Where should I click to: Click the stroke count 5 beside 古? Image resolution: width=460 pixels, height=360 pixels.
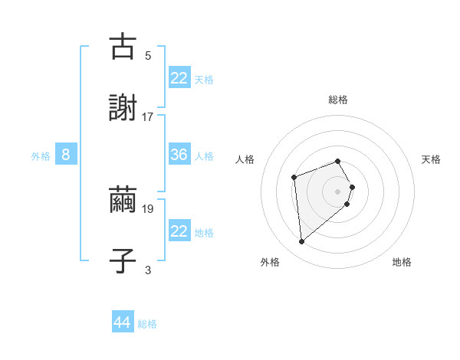(148, 55)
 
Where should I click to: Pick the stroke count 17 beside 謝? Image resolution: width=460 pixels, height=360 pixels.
(148, 116)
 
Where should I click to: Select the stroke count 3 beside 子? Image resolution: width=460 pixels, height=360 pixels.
(148, 270)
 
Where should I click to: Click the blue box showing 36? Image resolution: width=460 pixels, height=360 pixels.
(179, 155)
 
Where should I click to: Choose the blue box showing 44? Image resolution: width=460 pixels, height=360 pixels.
(123, 322)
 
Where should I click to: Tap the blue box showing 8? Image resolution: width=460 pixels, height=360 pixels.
(66, 155)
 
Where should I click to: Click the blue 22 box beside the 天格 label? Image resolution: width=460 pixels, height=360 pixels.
(179, 78)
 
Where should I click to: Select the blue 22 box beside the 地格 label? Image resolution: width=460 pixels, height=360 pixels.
(179, 231)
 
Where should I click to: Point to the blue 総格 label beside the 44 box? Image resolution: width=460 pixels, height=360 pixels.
(148, 324)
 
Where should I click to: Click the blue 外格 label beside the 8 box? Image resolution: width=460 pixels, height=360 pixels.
(41, 156)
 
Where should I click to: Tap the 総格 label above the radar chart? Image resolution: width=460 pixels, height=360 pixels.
(337, 100)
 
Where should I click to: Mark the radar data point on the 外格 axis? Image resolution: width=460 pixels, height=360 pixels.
(302, 242)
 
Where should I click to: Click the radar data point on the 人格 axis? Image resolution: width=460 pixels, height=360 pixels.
(294, 178)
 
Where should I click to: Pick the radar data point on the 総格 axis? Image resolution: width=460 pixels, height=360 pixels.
(337, 161)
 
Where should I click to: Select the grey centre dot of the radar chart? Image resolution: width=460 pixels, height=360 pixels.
(337, 191)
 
